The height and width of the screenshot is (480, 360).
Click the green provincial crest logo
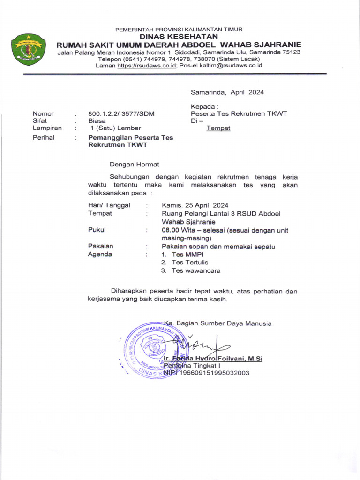pos(29,48)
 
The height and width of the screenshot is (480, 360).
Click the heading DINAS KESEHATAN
pos(179,37)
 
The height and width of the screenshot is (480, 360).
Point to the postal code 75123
pos(291,52)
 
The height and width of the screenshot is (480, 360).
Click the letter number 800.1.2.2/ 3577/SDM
pos(121,113)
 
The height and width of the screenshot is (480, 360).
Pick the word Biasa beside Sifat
pos(97,120)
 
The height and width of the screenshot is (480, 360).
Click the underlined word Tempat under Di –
pos(218,128)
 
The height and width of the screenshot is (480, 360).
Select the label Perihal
pos(44,138)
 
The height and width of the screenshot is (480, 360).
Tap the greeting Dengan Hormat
pos(135,165)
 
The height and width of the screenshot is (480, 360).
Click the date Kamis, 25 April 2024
pos(195,205)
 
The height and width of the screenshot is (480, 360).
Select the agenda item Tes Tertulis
pos(189,262)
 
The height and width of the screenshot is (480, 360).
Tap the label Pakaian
pos(101,246)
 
